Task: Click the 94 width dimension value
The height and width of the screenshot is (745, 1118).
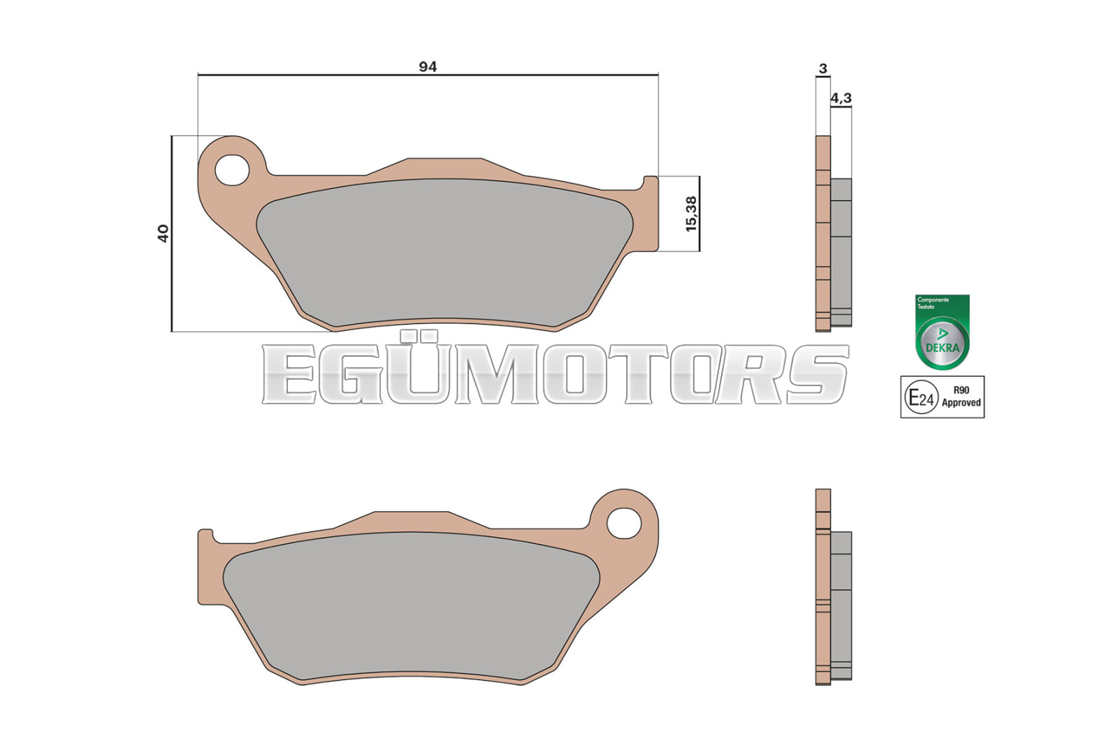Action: (x=428, y=66)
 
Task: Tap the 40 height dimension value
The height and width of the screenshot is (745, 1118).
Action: (x=164, y=233)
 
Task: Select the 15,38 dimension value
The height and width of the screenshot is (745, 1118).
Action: (x=691, y=214)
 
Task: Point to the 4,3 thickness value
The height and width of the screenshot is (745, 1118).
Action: (x=841, y=98)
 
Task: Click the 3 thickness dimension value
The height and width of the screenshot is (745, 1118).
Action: (x=823, y=68)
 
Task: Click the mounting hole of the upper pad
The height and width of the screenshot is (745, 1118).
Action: (x=231, y=170)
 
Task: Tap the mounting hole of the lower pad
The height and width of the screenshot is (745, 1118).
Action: (x=624, y=523)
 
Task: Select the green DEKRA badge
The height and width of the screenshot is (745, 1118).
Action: (x=943, y=332)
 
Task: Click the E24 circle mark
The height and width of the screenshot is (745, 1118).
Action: (x=922, y=397)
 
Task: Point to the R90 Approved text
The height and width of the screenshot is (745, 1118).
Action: (x=961, y=397)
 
